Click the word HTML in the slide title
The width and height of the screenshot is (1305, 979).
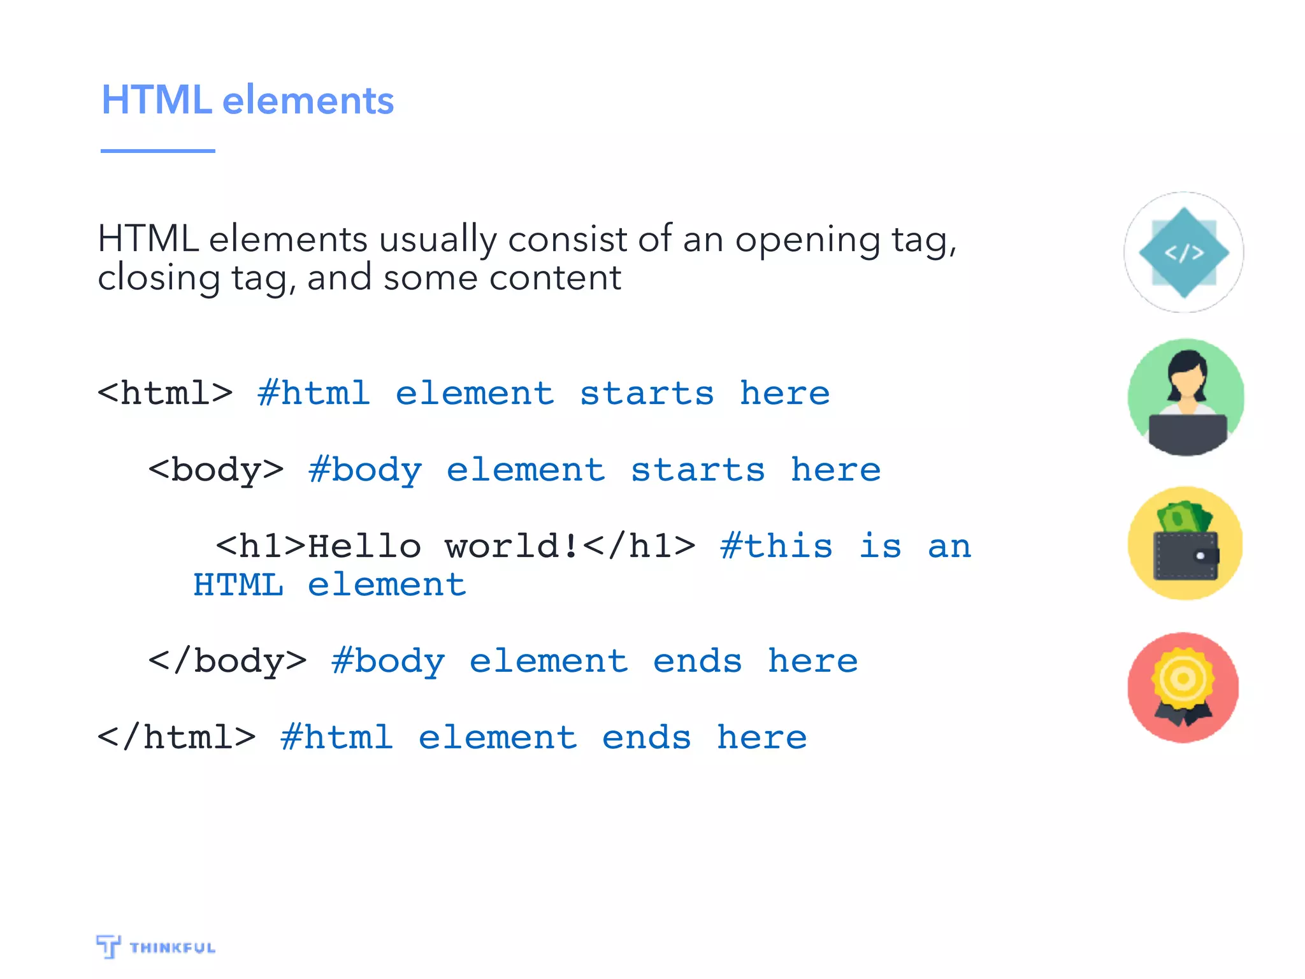coord(156,100)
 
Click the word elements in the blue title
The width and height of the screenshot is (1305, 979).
coord(308,101)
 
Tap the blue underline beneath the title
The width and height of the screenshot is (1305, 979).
coord(157,151)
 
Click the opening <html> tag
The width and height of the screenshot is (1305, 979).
coord(165,393)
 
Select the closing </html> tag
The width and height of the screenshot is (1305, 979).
coord(177,737)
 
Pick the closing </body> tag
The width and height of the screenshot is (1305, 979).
coord(227,661)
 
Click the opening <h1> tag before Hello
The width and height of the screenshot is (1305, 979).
coord(261,546)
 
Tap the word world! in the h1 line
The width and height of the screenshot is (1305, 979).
coord(512,546)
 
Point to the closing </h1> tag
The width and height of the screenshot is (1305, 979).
coord(639,546)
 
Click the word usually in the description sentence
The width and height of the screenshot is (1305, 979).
coord(437,240)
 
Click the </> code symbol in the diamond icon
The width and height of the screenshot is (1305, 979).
coord(1184,253)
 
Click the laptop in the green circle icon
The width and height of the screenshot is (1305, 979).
coord(1186,433)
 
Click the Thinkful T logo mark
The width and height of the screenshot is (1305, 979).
coord(108,946)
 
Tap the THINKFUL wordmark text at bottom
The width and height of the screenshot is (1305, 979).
coord(172,948)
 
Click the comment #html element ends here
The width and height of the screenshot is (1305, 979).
coord(544,737)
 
